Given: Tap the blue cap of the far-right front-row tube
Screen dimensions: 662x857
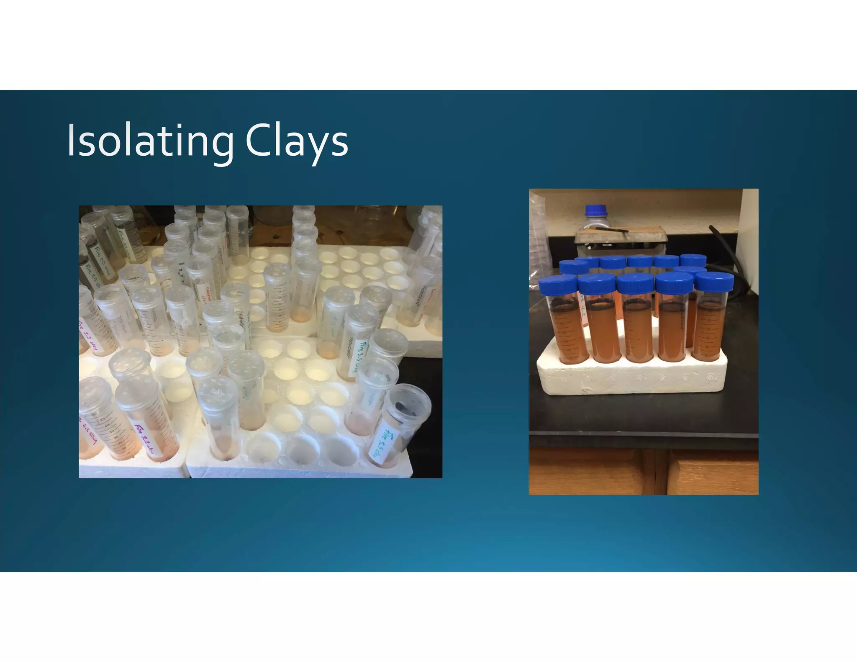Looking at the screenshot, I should coord(714,281).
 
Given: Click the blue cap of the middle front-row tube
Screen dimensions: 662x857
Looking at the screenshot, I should coord(635,283).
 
